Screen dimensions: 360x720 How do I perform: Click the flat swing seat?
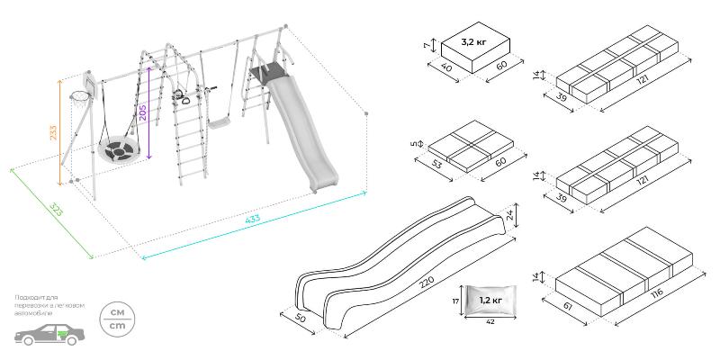[x=219, y=121]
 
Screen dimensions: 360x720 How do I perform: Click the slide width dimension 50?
[x=300, y=319]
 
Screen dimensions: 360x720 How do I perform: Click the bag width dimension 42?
[x=490, y=320]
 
